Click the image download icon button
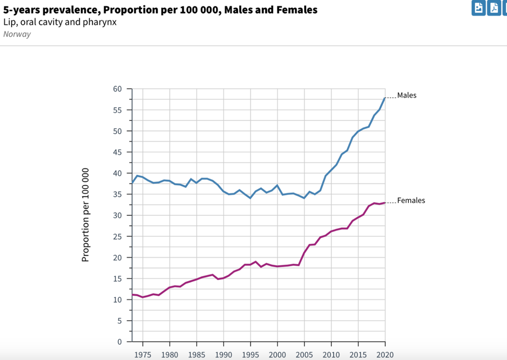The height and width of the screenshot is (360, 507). tap(478, 8)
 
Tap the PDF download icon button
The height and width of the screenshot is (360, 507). tap(494, 8)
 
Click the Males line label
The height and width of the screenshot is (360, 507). tap(407, 95)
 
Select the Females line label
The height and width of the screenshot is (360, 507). tap(411, 201)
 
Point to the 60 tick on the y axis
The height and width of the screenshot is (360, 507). tap(118, 89)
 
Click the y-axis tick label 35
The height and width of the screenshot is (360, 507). tap(118, 195)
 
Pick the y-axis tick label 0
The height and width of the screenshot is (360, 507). tap(120, 342)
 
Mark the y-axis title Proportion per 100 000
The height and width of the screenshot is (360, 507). tap(85, 215)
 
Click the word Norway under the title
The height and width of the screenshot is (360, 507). tap(17, 34)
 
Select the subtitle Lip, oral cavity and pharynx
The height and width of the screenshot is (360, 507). tap(60, 22)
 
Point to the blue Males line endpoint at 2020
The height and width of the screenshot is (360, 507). tap(385, 98)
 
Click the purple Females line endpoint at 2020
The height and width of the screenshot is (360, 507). tap(385, 203)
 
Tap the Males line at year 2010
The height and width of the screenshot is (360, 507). tap(331, 171)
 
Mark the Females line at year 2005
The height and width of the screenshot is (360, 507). tap(304, 253)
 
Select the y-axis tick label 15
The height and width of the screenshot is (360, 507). tap(118, 279)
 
